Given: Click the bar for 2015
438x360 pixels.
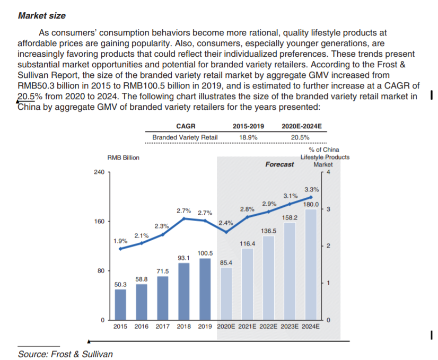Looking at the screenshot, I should [x=121, y=304].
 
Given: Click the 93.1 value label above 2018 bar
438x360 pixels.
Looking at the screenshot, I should [x=183, y=258].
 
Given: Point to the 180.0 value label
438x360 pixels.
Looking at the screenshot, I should [x=311, y=204].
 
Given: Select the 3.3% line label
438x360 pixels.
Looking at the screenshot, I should [x=312, y=189].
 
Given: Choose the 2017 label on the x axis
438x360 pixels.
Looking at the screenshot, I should [x=163, y=327].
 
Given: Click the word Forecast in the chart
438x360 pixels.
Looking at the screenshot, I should [x=279, y=164].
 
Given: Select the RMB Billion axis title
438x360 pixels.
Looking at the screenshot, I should [x=123, y=157].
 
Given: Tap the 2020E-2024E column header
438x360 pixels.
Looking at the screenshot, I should [x=302, y=127].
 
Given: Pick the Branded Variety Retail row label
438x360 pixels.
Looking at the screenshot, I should [x=185, y=137].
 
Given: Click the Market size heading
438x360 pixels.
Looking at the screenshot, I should [x=42, y=15].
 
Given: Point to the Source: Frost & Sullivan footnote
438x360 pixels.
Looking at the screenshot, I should [x=65, y=354].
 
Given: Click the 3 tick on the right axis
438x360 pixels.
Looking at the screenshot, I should [x=329, y=209].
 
